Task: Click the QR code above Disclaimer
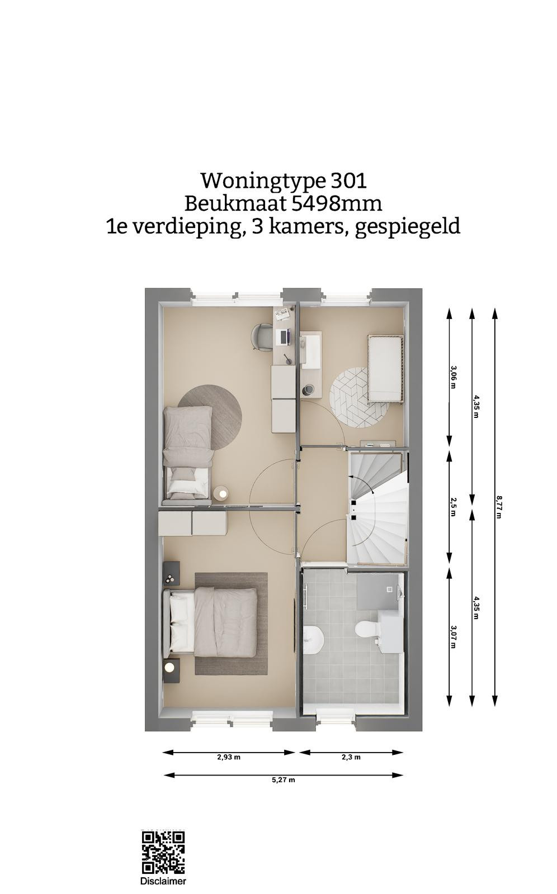point(163,853)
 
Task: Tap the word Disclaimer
point(163,881)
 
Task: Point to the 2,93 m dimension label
point(229,757)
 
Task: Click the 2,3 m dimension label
point(351,757)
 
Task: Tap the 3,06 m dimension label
point(453,377)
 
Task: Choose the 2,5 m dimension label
point(453,507)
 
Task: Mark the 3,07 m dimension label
point(453,636)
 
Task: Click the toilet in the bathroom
point(368,630)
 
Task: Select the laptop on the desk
point(285,337)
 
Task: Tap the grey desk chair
point(261,336)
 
